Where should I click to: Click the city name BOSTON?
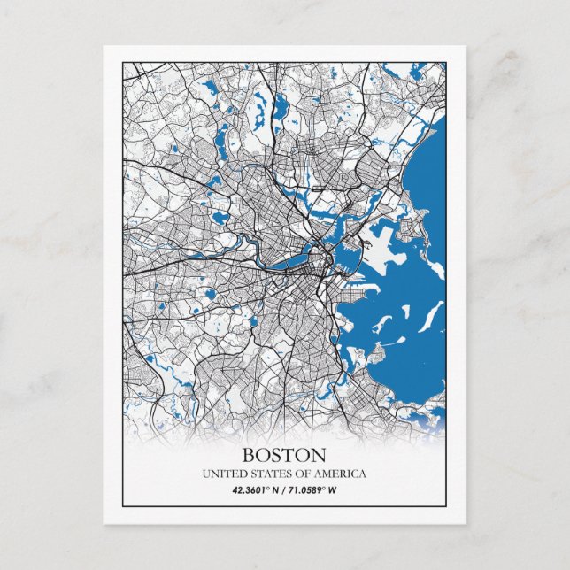coord(284,455)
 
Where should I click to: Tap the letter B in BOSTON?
coord(249,455)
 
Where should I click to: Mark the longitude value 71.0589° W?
coord(312,489)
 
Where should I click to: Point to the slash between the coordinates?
coord(284,489)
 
